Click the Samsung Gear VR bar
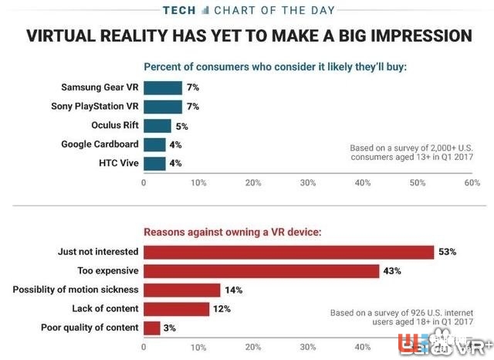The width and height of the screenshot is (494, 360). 163,88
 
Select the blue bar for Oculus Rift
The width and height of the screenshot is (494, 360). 157,126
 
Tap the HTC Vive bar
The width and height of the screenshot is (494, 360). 154,164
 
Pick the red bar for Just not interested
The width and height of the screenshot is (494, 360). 289,252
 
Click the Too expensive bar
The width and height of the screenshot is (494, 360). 262,271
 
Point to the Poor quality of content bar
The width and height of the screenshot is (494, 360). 152,328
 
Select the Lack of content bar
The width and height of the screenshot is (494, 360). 177,309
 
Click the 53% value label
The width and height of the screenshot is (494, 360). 448,252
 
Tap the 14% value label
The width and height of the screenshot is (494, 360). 234,290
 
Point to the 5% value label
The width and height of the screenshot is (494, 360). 183,126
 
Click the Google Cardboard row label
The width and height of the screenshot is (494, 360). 100,144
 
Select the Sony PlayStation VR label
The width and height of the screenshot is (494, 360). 95,107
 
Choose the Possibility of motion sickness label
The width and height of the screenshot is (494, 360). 76,290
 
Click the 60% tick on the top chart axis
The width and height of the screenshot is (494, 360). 472,183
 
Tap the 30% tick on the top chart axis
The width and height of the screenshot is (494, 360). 308,183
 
